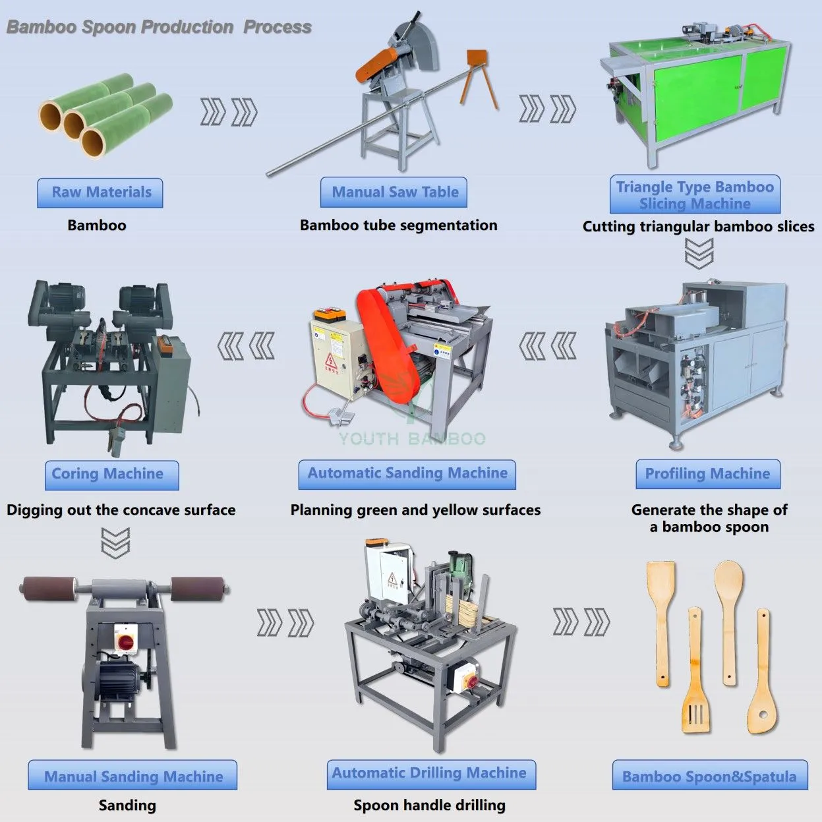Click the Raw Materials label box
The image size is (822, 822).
[x=100, y=192]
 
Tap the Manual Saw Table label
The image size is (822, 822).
[x=394, y=192]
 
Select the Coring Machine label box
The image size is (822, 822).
[x=112, y=475]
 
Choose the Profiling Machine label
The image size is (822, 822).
[x=708, y=474]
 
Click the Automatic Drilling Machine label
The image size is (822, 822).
[x=431, y=775]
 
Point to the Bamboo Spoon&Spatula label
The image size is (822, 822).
[x=710, y=775]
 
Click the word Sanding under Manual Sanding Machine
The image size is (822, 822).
[x=127, y=806]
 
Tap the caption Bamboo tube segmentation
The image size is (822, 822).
[x=398, y=225]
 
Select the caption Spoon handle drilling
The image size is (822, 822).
[x=430, y=806]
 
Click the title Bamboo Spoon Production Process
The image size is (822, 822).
[x=159, y=27]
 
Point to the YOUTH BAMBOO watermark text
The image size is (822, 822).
[x=412, y=438]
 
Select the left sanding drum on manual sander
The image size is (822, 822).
[x=48, y=589]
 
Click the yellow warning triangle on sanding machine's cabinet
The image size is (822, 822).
[x=331, y=361]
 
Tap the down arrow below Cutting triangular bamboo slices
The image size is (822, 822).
[x=699, y=253]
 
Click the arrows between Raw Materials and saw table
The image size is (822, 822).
[x=229, y=112]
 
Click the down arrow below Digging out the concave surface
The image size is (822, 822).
[x=115, y=543]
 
